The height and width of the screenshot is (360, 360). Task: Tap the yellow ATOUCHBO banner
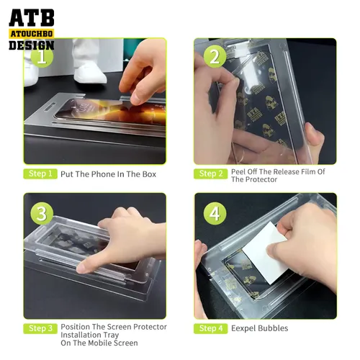32,33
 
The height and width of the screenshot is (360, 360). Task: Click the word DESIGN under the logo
32,45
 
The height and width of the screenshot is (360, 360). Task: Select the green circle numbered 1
43,55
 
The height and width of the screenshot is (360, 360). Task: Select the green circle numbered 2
212,55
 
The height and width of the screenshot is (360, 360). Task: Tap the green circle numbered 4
212,213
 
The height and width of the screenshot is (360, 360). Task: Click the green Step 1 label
40,174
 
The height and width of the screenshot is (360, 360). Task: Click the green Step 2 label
210,174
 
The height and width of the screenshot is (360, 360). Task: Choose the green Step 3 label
40,328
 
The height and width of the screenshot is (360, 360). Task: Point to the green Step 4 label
210,328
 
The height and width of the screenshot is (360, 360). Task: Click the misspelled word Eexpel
246,328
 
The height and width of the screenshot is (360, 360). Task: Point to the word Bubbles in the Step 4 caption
275,328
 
